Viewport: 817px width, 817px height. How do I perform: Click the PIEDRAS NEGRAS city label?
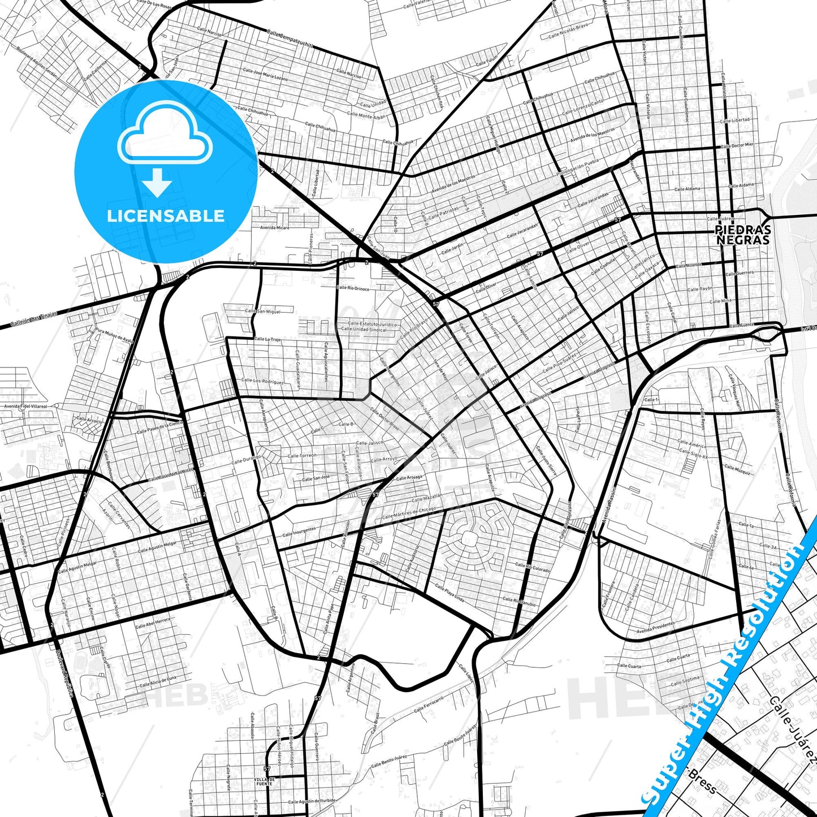(x=742, y=235)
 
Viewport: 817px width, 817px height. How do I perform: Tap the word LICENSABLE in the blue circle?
(x=166, y=215)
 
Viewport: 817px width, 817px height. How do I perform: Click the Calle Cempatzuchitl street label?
(x=290, y=39)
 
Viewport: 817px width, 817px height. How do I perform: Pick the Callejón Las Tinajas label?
(x=34, y=320)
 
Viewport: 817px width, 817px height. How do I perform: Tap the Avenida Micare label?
(x=274, y=227)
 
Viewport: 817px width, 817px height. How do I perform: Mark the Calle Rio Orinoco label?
(x=353, y=288)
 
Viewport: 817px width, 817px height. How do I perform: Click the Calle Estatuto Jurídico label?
(x=369, y=324)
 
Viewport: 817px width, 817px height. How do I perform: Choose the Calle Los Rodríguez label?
(x=262, y=381)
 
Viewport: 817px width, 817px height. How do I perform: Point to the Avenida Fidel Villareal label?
(x=25, y=406)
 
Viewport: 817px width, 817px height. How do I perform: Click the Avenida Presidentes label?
(x=655, y=628)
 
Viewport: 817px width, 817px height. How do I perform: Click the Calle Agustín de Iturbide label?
(x=311, y=801)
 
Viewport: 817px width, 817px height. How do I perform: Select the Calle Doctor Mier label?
(x=738, y=145)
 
